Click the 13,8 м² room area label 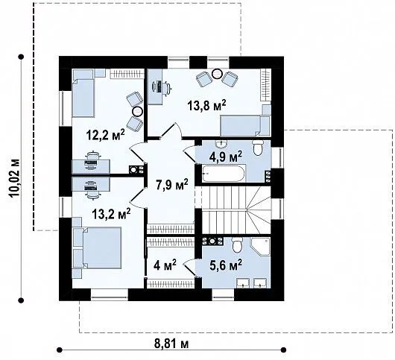click(x=206, y=105)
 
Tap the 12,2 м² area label click(x=105, y=135)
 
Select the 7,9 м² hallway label click(x=172, y=185)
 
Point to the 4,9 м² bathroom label click(x=226, y=157)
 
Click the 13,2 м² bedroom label click(x=111, y=214)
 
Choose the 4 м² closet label click(x=165, y=265)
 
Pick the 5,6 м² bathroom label click(x=226, y=265)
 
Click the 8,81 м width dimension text click(x=171, y=344)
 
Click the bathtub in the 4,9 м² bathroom click(x=223, y=174)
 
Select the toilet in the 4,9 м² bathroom click(x=258, y=148)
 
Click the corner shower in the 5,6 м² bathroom click(x=260, y=247)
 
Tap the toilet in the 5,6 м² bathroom click(x=237, y=245)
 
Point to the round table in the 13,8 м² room click(x=217, y=74)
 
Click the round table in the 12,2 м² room click(x=138, y=111)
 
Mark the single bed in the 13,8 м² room click(x=245, y=126)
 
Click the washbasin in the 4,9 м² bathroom click(x=221, y=144)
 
